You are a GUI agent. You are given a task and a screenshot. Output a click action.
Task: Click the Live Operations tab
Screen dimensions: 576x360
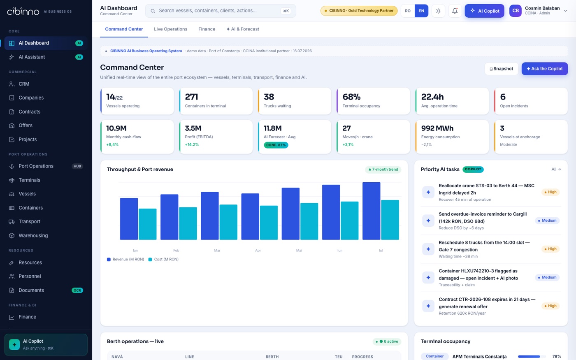[170, 29]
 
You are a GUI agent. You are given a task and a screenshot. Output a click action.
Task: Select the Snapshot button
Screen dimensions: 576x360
[502, 69]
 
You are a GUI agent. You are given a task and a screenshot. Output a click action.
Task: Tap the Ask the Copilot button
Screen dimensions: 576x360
[545, 69]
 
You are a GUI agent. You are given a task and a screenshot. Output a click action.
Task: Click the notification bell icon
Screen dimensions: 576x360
[455, 11]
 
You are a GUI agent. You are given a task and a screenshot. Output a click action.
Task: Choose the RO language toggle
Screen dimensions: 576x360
[408, 11]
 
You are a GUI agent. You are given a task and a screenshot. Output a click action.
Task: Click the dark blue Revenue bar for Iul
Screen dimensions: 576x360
[371, 211]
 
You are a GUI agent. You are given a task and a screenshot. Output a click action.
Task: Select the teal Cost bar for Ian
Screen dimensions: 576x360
[148, 224]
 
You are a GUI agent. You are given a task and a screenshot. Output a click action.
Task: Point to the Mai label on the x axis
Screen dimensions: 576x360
[299, 250]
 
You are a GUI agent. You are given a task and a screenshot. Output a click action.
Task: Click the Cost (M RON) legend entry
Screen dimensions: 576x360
[164, 259]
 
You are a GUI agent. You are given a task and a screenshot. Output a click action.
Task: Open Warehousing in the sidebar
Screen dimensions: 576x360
[33, 235]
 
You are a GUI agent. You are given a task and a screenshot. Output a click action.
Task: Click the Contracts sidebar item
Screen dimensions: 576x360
[29, 111]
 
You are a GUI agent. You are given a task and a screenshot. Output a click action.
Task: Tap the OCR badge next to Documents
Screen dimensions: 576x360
[77, 290]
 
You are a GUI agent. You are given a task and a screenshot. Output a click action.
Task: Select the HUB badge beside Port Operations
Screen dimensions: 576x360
[77, 166]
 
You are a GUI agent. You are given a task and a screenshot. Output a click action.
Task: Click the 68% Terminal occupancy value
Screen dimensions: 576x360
[351, 97]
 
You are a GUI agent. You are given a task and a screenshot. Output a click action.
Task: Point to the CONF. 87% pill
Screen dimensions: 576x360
[276, 145]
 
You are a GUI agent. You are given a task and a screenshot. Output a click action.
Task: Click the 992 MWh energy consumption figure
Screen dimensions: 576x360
[437, 128]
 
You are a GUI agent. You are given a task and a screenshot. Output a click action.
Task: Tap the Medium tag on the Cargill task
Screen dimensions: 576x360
[547, 221]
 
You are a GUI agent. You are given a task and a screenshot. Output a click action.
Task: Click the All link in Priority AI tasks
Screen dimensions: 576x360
[556, 169]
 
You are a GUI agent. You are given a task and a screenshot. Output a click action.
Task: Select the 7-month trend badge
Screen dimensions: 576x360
[383, 170]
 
